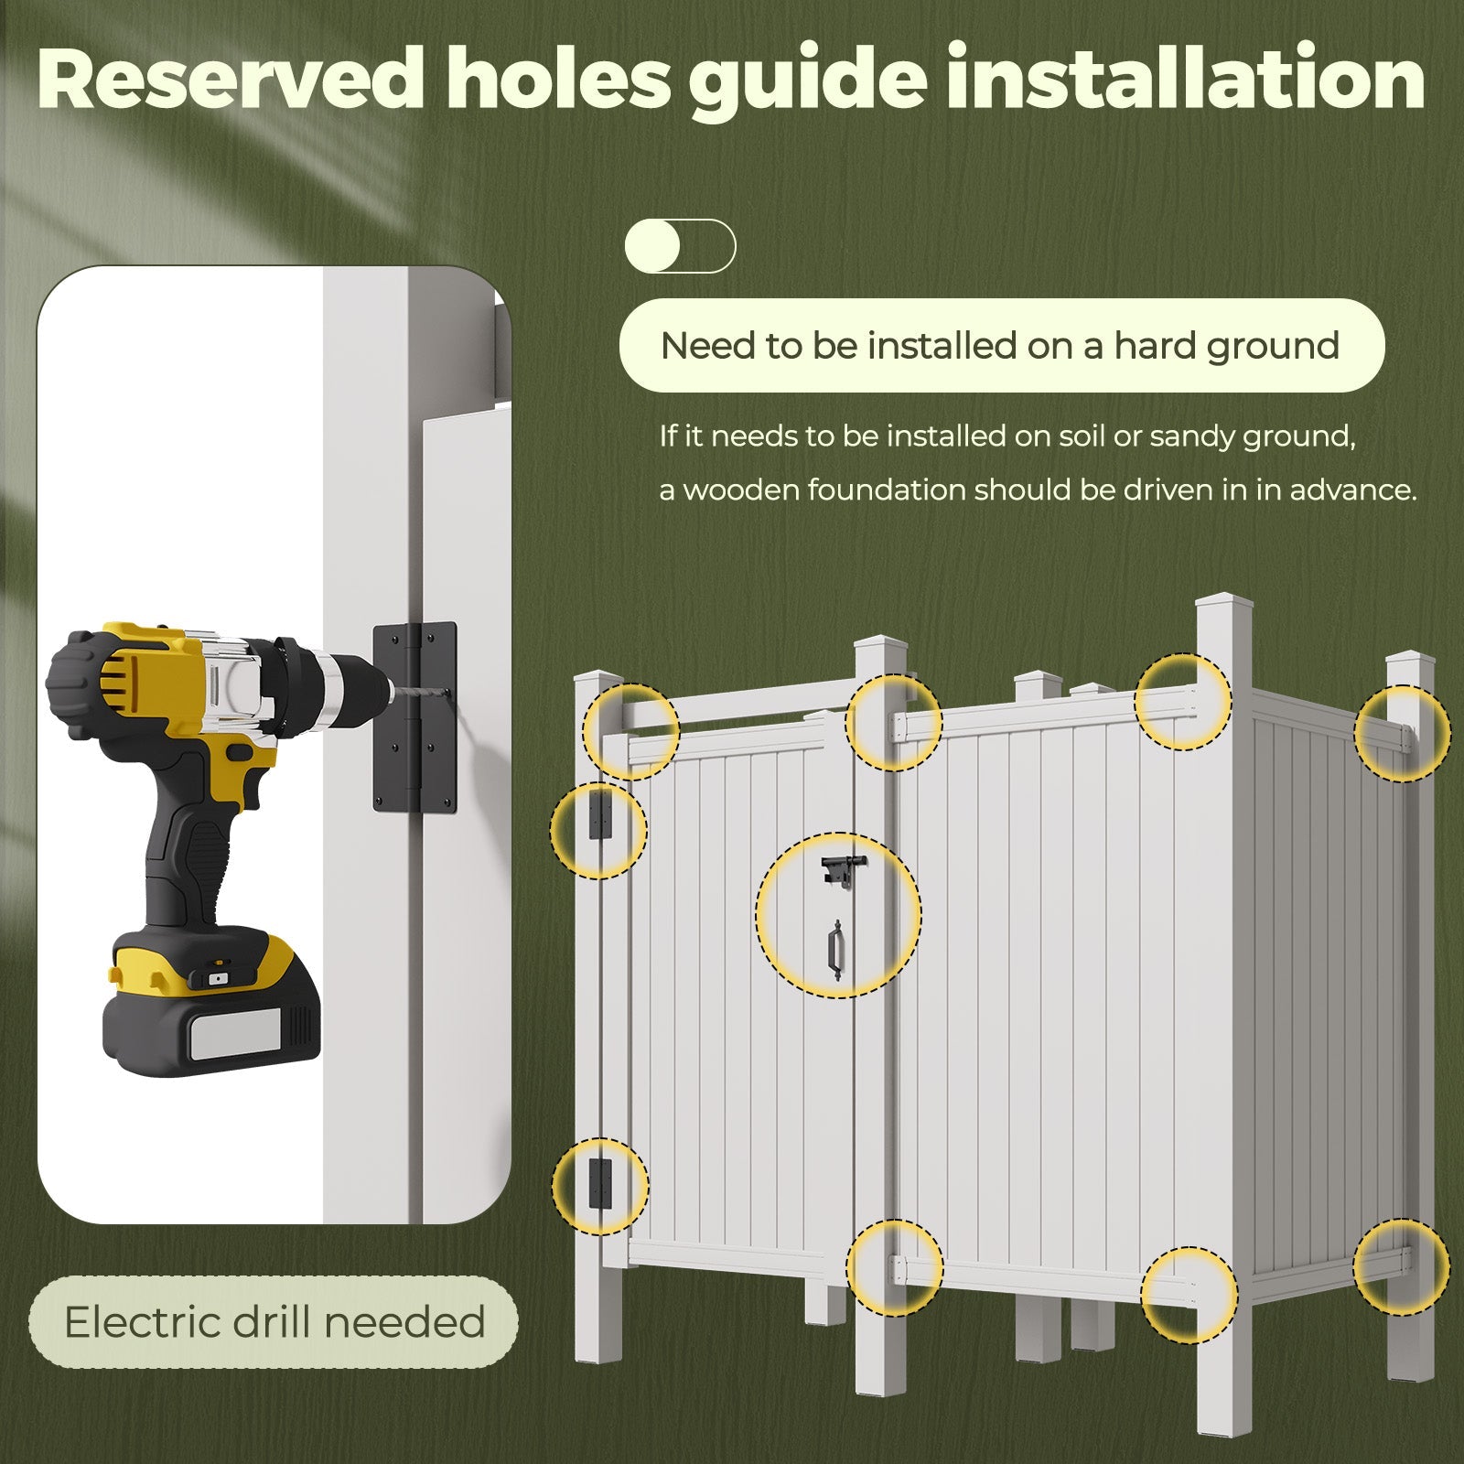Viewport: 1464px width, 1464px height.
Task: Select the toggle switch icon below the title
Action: tap(680, 245)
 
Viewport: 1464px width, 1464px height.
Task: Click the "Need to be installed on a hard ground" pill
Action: tap(1002, 346)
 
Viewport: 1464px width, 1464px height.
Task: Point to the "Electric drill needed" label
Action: tap(274, 1322)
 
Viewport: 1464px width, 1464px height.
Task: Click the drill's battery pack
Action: tap(212, 1007)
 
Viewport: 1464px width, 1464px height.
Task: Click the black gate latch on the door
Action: tap(840, 870)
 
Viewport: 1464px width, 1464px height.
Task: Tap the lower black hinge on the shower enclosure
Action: tap(599, 1183)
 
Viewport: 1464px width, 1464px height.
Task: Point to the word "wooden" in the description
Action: tap(737, 490)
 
